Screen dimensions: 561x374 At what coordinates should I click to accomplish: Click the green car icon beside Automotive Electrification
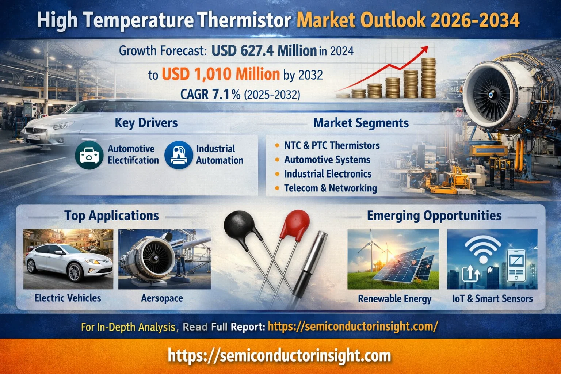pyautogui.click(x=89, y=155)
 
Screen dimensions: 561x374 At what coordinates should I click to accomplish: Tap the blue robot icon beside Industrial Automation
pyautogui.click(x=179, y=155)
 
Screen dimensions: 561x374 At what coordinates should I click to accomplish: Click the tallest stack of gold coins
pyautogui.click(x=428, y=78)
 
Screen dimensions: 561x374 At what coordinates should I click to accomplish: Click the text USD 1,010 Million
pyautogui.click(x=221, y=74)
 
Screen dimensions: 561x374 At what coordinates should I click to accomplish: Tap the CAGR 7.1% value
pyautogui.click(x=210, y=95)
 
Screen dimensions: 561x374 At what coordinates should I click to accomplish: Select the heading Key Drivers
pyautogui.click(x=146, y=123)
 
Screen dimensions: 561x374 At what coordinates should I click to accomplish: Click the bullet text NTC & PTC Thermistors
pyautogui.click(x=332, y=145)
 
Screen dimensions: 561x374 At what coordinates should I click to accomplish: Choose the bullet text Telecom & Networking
pyautogui.click(x=331, y=188)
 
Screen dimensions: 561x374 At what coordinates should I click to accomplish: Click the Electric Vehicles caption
pyautogui.click(x=68, y=298)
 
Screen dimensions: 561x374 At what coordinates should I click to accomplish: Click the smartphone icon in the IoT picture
pyautogui.click(x=516, y=266)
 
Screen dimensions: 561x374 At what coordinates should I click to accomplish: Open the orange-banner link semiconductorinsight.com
pyautogui.click(x=279, y=356)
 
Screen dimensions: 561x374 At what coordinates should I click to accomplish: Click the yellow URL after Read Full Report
pyautogui.click(x=353, y=327)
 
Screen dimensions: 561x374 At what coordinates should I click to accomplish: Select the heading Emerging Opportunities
pyautogui.click(x=434, y=215)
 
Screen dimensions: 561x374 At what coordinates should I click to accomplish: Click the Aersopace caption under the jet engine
pyautogui.click(x=162, y=298)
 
